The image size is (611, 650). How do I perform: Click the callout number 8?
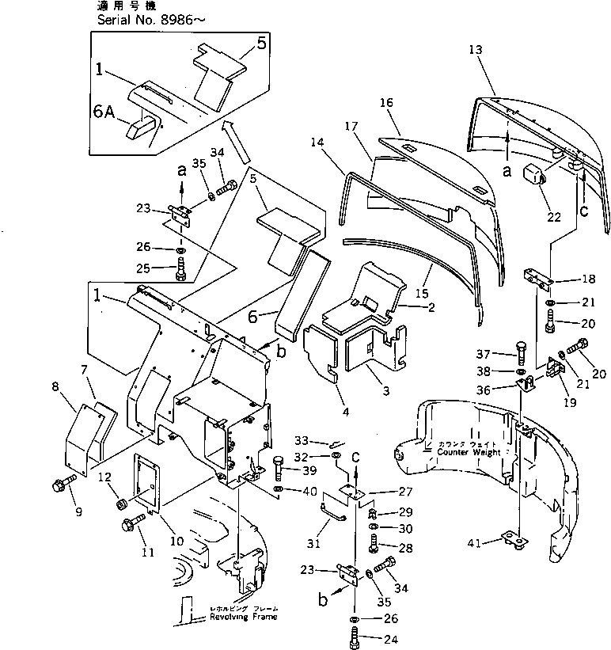[x=55, y=387]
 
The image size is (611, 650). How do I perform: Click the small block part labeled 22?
[x=528, y=173]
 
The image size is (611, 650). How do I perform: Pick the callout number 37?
[x=484, y=352]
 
